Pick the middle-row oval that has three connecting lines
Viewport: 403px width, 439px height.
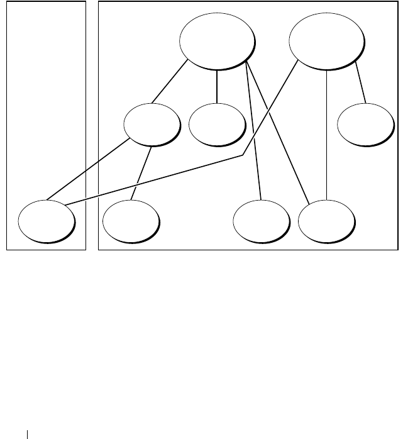(x=152, y=125)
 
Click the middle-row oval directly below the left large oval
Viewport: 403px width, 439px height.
(x=216, y=123)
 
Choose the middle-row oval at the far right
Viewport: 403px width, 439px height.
(x=364, y=125)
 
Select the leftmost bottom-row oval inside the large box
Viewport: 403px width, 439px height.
(x=130, y=221)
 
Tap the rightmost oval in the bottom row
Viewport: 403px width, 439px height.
(x=326, y=221)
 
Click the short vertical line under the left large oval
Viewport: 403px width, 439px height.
(x=217, y=86)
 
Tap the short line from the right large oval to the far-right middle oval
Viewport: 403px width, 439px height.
(x=360, y=82)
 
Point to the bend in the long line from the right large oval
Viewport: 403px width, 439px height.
(x=243, y=155)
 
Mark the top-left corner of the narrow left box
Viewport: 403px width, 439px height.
(x=6, y=2)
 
